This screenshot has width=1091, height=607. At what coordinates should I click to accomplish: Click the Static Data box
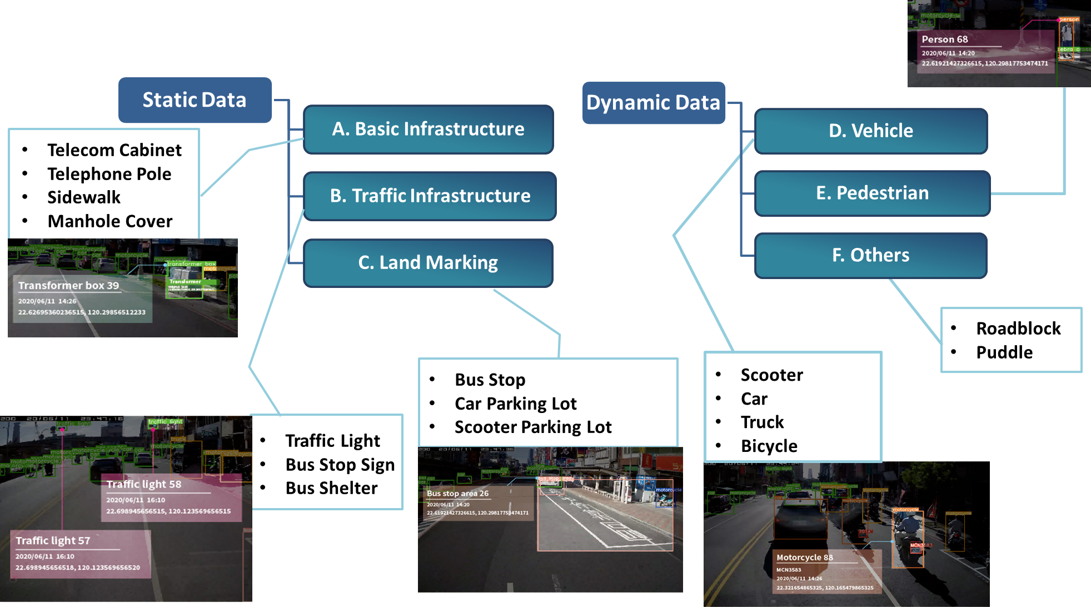195,100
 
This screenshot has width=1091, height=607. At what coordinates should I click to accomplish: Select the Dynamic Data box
653,103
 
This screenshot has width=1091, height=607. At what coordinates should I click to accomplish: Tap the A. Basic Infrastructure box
428,129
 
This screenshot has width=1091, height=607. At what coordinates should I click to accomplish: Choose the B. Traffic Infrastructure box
430,196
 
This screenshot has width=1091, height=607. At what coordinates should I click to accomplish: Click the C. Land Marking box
428,262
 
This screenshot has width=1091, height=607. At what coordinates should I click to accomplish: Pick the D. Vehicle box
870,131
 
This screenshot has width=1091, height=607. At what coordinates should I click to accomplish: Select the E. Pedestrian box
872,193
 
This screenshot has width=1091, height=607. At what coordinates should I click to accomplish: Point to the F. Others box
870,255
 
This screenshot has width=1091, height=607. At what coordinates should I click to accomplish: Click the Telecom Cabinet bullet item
114,150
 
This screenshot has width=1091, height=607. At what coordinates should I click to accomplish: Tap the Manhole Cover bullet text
109,221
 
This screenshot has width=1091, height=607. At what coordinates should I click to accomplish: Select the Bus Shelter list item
331,488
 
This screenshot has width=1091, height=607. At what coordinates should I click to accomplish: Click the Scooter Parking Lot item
532,427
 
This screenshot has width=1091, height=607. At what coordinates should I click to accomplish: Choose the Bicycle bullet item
769,446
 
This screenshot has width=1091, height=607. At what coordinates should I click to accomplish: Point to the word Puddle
1004,352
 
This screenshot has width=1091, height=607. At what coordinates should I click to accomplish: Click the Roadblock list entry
1018,329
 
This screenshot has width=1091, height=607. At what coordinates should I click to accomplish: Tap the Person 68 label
944,39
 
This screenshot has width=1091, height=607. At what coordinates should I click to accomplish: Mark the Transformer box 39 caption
68,286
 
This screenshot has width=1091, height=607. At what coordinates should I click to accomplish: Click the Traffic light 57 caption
53,540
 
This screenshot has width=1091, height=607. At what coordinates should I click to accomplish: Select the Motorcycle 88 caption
804,558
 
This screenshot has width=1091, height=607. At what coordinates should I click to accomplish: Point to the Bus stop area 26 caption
457,494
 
